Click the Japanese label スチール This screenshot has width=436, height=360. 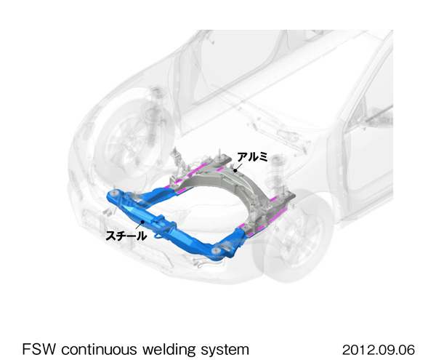[x=127, y=236]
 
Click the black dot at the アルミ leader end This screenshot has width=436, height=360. [x=234, y=169]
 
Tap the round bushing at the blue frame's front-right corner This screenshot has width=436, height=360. [x=217, y=251]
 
